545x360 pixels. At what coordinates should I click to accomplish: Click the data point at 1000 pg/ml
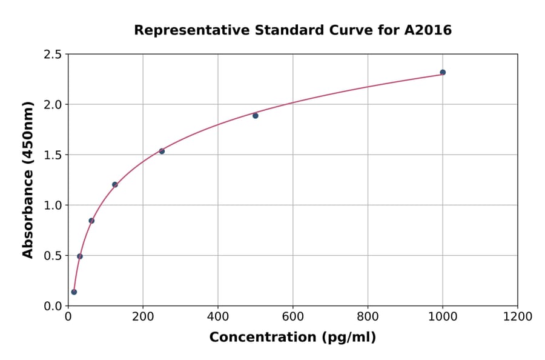[443, 72]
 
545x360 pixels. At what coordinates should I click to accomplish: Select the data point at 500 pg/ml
[256, 116]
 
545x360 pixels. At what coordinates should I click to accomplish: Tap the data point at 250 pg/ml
[162, 151]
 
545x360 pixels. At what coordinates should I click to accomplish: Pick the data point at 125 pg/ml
[115, 184]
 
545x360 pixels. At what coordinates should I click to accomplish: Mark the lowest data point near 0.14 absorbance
[74, 292]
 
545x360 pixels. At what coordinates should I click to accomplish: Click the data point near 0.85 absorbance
[91, 221]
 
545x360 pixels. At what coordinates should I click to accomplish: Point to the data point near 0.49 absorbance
[80, 256]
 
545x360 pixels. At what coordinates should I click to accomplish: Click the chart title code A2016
[428, 30]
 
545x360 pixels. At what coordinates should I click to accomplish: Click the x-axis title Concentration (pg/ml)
[292, 338]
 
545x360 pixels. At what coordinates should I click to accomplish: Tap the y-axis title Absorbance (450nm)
[28, 179]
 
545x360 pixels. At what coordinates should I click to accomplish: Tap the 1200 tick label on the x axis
[518, 317]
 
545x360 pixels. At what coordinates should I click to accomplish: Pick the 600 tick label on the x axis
[292, 317]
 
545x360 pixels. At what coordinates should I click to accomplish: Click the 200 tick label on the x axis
[143, 317]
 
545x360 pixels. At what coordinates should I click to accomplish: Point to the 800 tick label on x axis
[368, 317]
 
